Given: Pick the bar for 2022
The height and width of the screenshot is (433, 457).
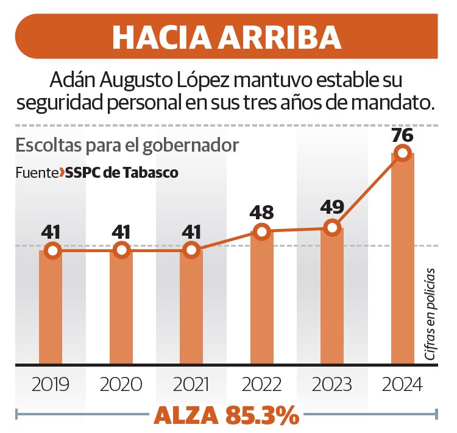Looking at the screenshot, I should coord(262,298).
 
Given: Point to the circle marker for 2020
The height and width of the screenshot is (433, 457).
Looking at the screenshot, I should coord(122,250).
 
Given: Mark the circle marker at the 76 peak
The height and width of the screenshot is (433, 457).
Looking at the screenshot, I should coord(402,153).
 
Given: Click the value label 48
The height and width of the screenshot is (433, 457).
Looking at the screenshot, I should coord(261,213).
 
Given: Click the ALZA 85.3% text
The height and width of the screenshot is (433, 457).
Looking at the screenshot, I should coord(227,415).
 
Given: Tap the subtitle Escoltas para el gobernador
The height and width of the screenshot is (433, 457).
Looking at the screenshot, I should coord(127,146).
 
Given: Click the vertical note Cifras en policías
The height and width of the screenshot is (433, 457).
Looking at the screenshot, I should coord(430,314).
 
